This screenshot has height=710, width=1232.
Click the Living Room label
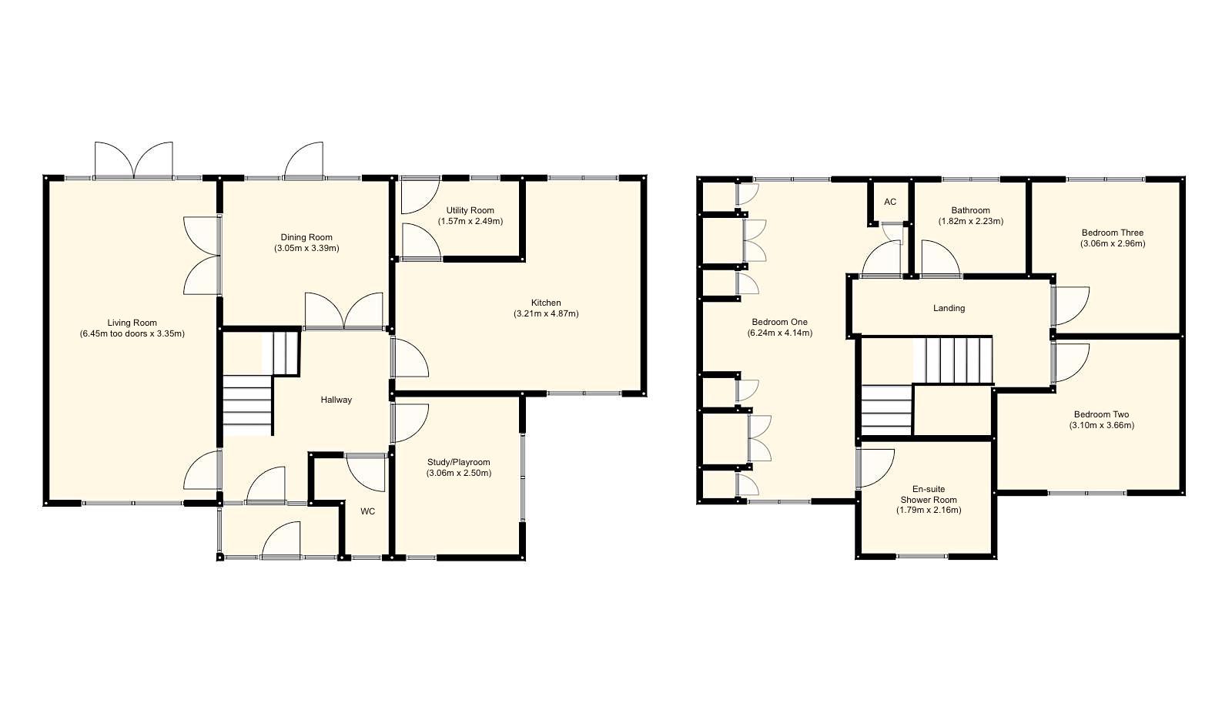[132, 323]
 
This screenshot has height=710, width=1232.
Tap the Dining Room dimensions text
[306, 249]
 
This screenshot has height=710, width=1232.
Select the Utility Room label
[470, 210]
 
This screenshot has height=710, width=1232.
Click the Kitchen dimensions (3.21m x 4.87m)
[546, 314]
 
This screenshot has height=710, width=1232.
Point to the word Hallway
[336, 400]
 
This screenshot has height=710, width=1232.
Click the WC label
[368, 511]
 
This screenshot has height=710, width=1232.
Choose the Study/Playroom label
[458, 462]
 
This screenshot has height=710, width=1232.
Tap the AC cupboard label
[890, 203]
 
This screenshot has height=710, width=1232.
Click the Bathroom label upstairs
[970, 210]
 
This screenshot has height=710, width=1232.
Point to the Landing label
[949, 308]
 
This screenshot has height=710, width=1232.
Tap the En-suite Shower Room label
[929, 494]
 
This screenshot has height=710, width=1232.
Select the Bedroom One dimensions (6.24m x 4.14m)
[779, 333]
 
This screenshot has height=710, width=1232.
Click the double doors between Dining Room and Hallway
[344, 312]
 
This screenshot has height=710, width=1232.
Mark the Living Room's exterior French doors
[134, 160]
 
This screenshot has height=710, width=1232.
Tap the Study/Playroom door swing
[410, 424]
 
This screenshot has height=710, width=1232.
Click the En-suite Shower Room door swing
[875, 467]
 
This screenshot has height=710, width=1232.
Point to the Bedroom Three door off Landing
[1072, 305]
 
